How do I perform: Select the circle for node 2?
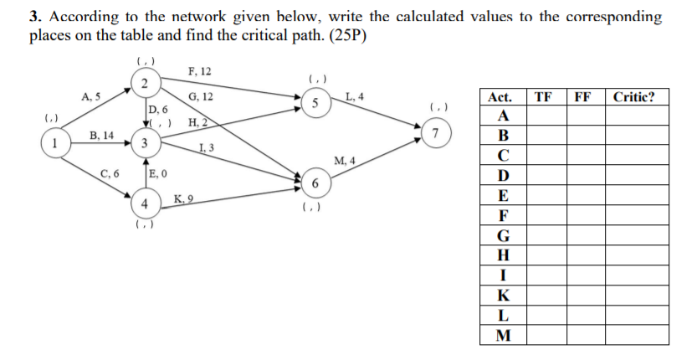point(144,81)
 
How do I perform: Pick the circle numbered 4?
point(144,203)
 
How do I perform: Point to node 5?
point(315,104)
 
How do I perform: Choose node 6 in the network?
point(315,183)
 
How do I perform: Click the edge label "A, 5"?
point(91,96)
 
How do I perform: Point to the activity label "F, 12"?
point(200,72)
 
